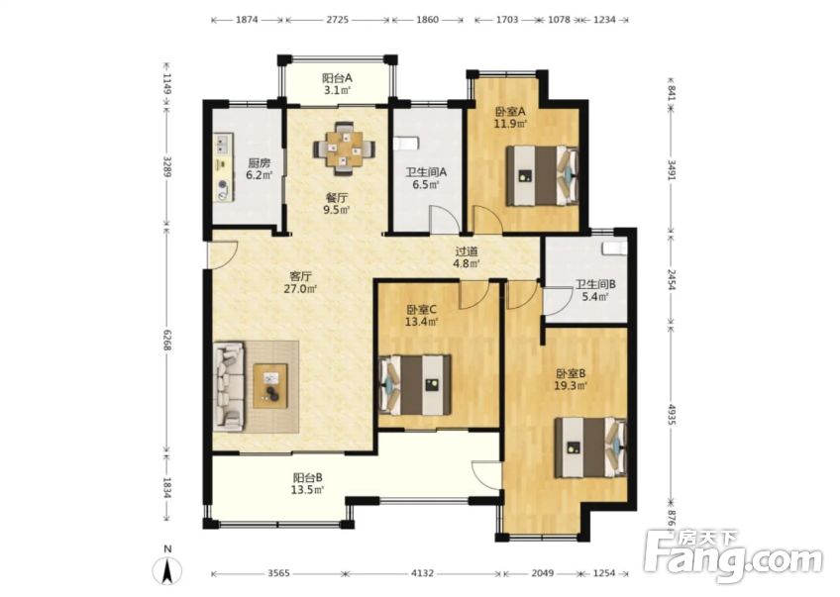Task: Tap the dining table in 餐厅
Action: coord(345,149)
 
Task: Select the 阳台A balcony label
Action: coord(338,78)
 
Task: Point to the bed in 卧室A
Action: coord(541,175)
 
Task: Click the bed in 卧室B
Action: coord(590,447)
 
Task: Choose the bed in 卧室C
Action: coord(416,384)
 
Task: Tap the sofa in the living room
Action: coord(229,386)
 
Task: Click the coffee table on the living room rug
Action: coord(269,385)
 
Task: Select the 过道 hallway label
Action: coord(467,252)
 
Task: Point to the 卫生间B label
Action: coord(595,284)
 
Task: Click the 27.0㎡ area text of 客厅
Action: coord(302,290)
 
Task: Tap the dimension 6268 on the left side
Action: coord(167,343)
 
